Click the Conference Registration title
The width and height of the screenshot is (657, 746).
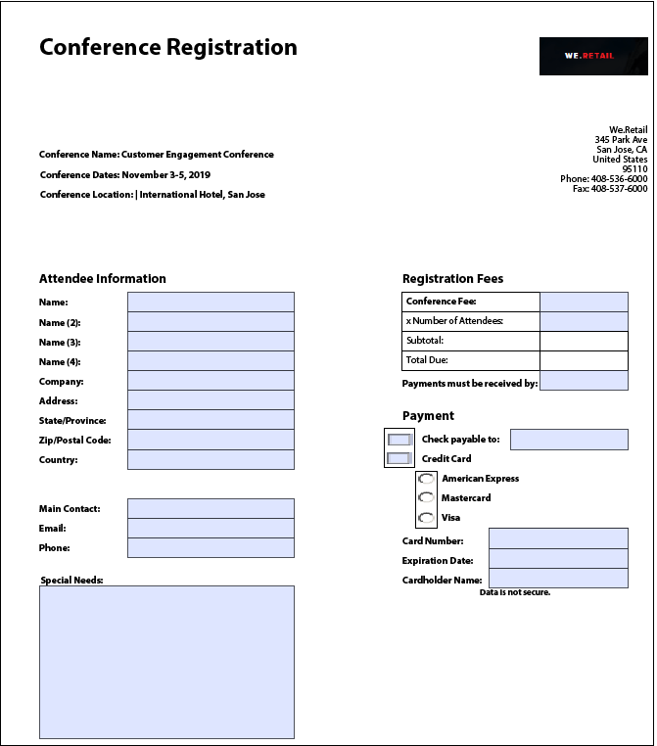click(168, 47)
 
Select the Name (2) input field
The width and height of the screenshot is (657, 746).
click(211, 322)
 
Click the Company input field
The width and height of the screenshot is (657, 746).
click(211, 381)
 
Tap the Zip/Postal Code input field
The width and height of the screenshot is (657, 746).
click(211, 440)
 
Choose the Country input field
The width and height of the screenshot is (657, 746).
click(211, 459)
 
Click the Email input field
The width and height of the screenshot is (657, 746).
click(211, 528)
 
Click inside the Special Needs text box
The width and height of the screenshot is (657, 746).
click(166, 662)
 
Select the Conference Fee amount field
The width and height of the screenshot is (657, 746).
click(584, 302)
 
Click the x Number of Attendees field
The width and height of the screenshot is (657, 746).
click(584, 321)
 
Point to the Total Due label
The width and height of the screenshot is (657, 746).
click(427, 360)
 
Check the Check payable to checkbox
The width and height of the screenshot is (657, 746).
click(399, 440)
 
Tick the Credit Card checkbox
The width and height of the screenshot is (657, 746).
click(399, 458)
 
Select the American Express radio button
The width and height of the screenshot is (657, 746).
click(426, 479)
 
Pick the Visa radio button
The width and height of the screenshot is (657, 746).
click(426, 518)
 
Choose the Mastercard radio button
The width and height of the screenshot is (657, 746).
click(426, 498)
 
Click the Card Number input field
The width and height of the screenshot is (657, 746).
click(558, 538)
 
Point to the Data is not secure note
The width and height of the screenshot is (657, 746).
click(515, 592)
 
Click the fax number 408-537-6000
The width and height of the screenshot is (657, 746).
click(619, 189)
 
